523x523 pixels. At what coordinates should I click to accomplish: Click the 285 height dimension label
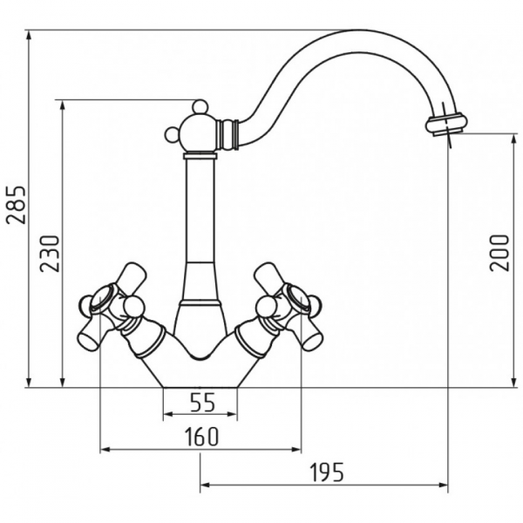coord(16,205)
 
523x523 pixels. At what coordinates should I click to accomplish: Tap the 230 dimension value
coord(50,254)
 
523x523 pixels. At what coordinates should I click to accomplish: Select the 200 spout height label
coord(499,253)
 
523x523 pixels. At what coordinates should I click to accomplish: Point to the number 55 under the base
coord(203,402)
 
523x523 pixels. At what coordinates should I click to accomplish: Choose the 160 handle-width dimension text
coord(202,437)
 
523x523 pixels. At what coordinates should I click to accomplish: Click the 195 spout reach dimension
coord(327,472)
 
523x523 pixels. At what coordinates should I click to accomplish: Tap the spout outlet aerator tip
coord(446,125)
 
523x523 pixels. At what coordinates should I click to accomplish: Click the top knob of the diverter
coord(200,106)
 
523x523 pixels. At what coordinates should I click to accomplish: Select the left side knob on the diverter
coord(173,134)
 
